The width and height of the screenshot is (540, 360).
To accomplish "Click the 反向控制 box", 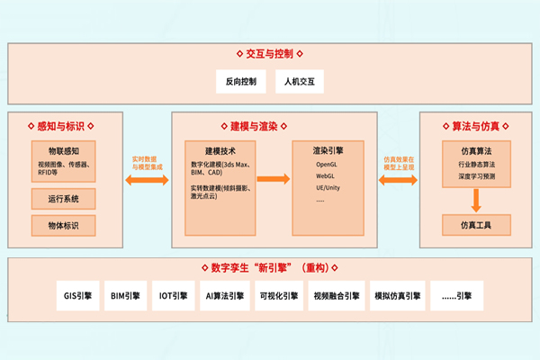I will [x=241, y=82].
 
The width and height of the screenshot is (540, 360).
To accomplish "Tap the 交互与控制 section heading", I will [x=269, y=53].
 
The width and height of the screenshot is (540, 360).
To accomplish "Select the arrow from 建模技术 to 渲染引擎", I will [x=274, y=179].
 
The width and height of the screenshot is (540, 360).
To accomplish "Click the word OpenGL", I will [x=326, y=165].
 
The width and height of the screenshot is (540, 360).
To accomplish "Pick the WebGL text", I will [x=325, y=176].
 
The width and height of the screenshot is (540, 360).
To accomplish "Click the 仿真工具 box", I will [x=474, y=224].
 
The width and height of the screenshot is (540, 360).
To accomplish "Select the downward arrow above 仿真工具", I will [x=474, y=202].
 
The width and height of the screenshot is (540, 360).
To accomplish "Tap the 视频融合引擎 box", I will [x=336, y=294].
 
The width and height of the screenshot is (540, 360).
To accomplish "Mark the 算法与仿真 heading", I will [x=474, y=127].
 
